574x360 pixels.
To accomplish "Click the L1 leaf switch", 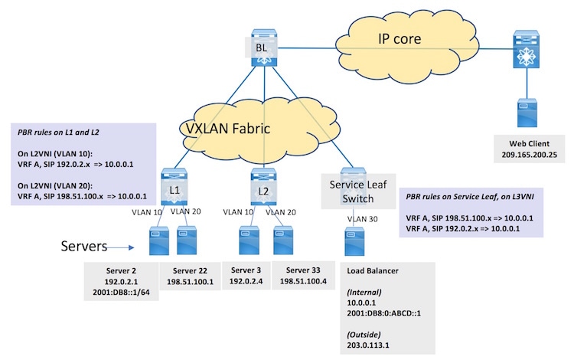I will coord(172,186).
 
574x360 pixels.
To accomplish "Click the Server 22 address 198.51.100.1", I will coord(190,282).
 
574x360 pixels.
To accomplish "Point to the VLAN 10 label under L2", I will coord(236,210).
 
